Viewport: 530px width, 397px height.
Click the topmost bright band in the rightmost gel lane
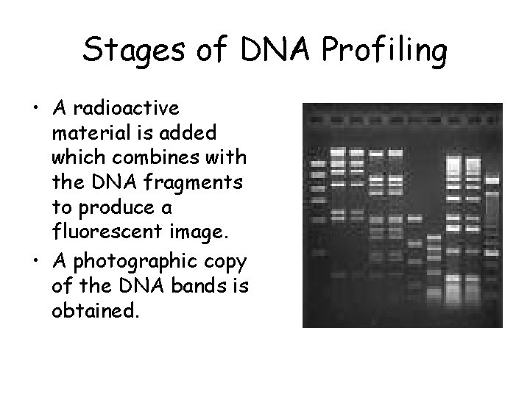coord(491,179)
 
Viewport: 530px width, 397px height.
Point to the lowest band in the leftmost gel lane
coord(317,252)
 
